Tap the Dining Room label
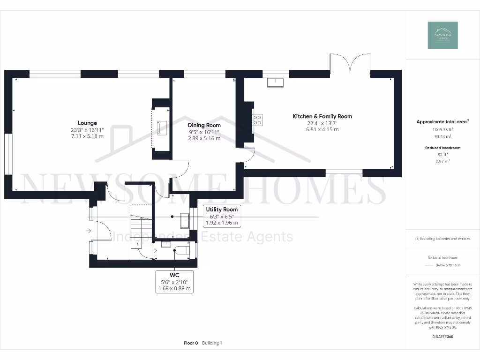click(204, 125)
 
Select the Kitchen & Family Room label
click(322, 116)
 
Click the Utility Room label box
click(222, 216)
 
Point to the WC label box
click(174, 281)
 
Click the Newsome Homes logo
click(443, 35)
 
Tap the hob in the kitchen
click(258, 119)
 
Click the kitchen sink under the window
click(275, 82)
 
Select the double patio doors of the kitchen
click(350, 63)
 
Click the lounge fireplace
click(161, 127)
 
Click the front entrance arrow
click(89, 230)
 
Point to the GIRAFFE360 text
click(443, 337)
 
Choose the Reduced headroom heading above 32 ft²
click(442, 148)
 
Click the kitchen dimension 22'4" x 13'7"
click(322, 123)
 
